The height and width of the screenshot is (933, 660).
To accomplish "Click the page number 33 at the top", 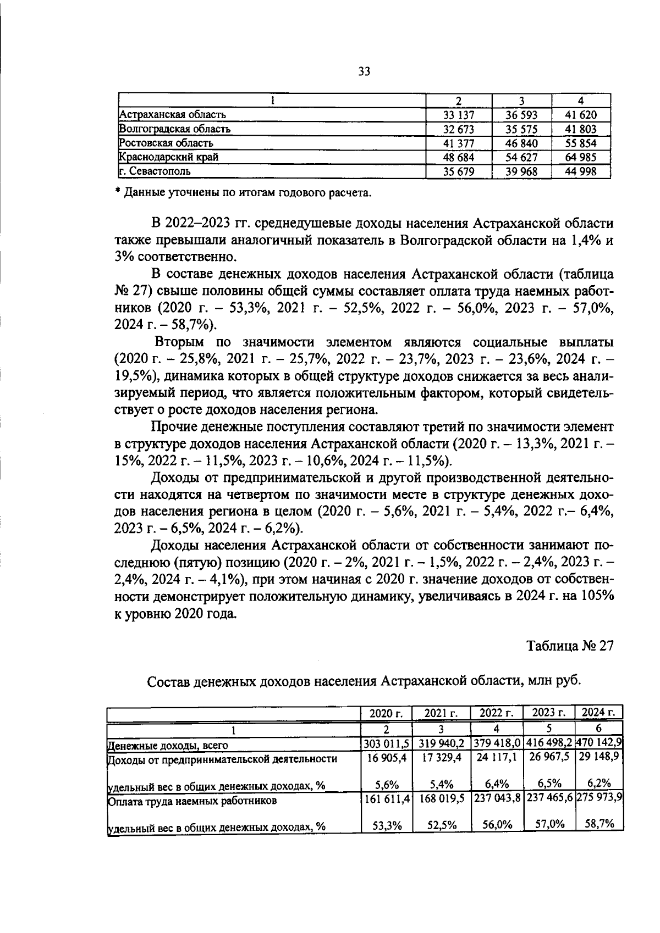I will pos(364,71).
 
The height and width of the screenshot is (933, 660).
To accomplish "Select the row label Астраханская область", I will pos(173,115).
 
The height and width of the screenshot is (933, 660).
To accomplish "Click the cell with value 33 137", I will pos(459,115).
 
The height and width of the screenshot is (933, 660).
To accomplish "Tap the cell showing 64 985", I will pos(581,157).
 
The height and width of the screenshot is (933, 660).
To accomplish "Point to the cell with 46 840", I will pos(521,143).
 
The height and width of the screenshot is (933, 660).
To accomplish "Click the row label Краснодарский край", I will pos(169,157).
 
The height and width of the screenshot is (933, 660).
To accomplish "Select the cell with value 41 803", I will pos(581,130).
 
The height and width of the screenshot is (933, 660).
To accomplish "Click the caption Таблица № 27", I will pos(570,646).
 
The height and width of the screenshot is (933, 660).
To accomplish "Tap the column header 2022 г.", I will pos(497,713).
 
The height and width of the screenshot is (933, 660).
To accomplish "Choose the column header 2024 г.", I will pos(598,713).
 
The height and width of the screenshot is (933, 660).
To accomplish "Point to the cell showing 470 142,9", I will pos(599,743).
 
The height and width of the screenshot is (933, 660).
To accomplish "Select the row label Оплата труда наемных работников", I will pos(192,801).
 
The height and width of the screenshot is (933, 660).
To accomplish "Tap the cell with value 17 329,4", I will pos(441,758).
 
